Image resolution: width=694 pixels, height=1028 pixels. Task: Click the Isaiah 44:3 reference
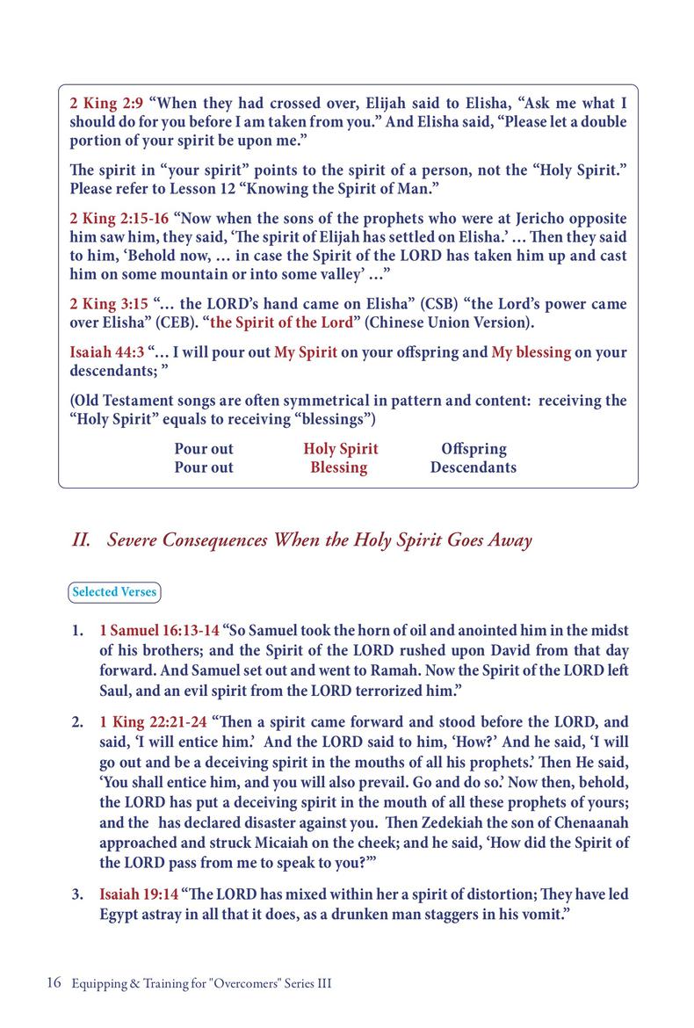point(106,352)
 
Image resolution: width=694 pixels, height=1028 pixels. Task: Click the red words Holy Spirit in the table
point(341,449)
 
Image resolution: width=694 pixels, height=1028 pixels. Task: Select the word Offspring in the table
point(474,449)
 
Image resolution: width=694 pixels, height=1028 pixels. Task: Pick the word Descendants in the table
point(474,467)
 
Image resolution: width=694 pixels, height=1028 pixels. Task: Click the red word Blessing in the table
point(338,467)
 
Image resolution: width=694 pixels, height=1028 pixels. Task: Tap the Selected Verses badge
point(114,592)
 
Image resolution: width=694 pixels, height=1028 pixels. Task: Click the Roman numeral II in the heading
point(82,540)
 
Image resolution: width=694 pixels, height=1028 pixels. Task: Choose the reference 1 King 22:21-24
point(154,722)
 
